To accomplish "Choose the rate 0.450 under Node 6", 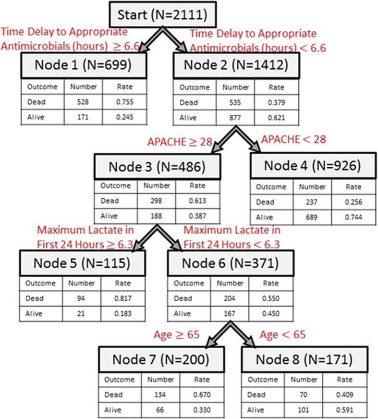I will (x=272, y=313).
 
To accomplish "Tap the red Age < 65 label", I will (x=282, y=334).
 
